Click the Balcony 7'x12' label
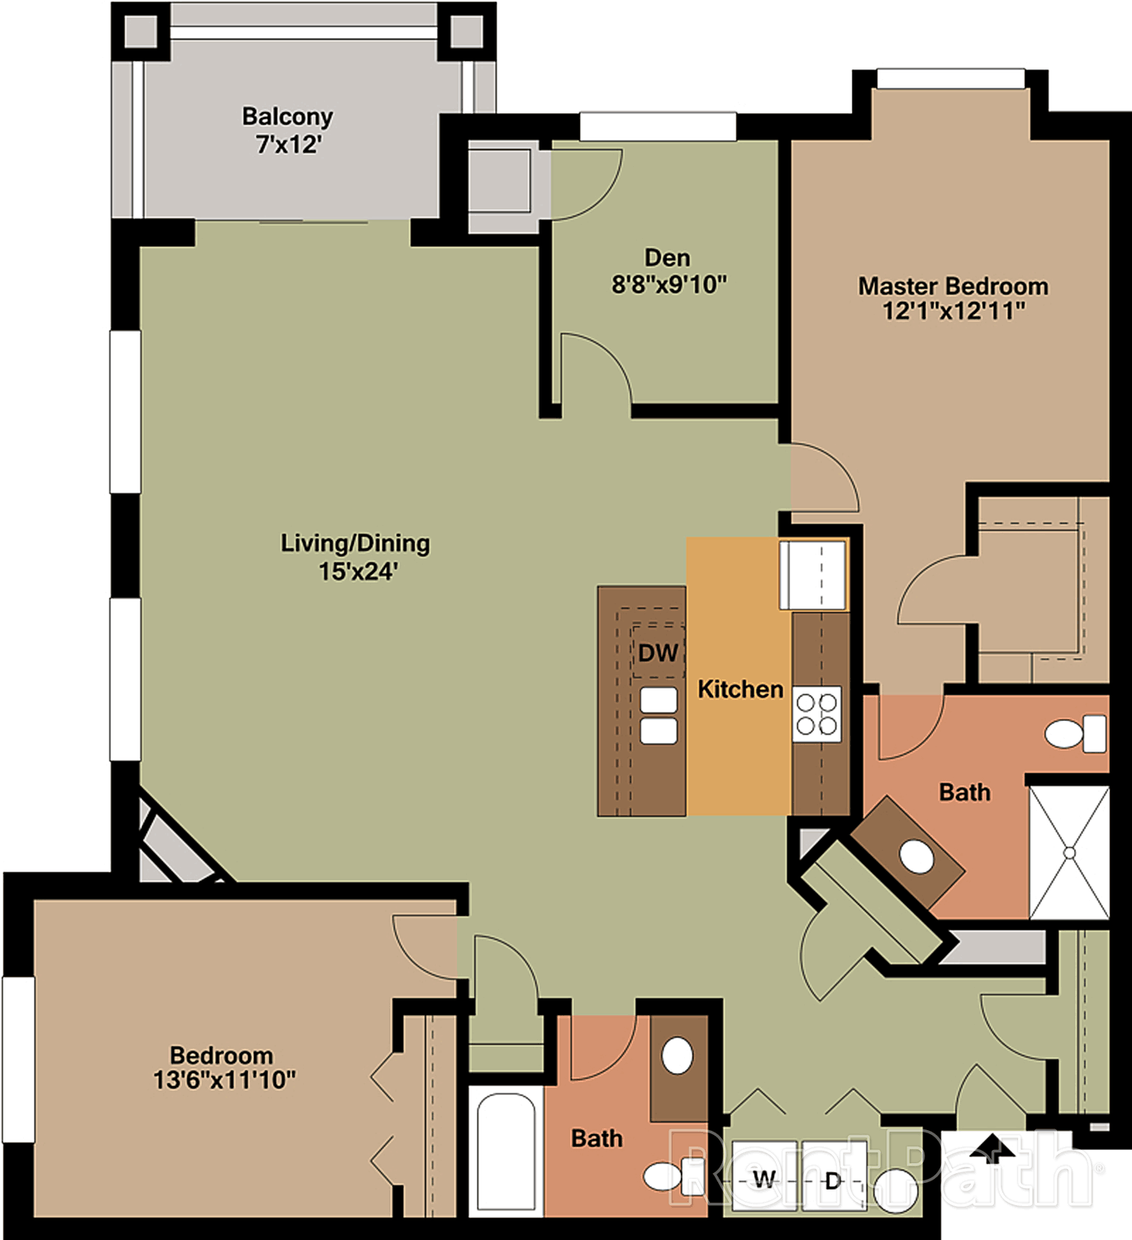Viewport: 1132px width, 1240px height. click(288, 130)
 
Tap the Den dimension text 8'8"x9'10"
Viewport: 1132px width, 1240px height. click(668, 285)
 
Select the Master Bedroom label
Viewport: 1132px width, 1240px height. click(953, 286)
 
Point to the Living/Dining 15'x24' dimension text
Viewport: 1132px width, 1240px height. click(358, 571)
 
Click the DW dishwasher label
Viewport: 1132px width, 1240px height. click(658, 653)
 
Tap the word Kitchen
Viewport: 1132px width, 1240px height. click(740, 689)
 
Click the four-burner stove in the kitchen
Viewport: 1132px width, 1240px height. click(817, 714)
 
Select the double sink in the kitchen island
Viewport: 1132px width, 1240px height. click(659, 716)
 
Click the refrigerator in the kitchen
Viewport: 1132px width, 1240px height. click(813, 575)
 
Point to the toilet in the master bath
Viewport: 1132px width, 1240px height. click(1075, 734)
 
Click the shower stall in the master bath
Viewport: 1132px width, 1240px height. click(1069, 853)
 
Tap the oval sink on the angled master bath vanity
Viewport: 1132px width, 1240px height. click(917, 856)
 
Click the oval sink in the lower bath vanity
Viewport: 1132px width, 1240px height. click(678, 1055)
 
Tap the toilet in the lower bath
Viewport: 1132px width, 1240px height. click(671, 1176)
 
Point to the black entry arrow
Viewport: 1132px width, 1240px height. click(992, 1145)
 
